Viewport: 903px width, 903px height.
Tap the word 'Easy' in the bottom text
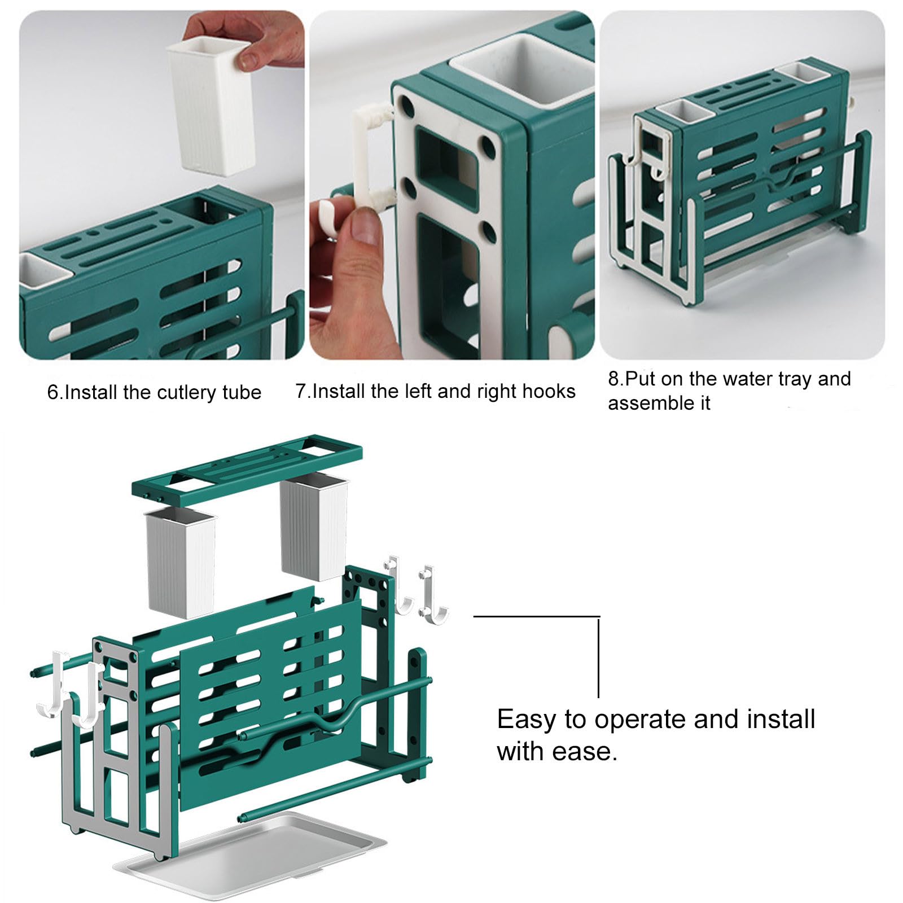pyautogui.click(x=527, y=720)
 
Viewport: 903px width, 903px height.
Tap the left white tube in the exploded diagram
pyautogui.click(x=181, y=563)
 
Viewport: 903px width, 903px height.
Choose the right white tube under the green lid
pyautogui.click(x=314, y=527)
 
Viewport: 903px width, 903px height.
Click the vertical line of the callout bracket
pyautogui.click(x=598, y=657)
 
